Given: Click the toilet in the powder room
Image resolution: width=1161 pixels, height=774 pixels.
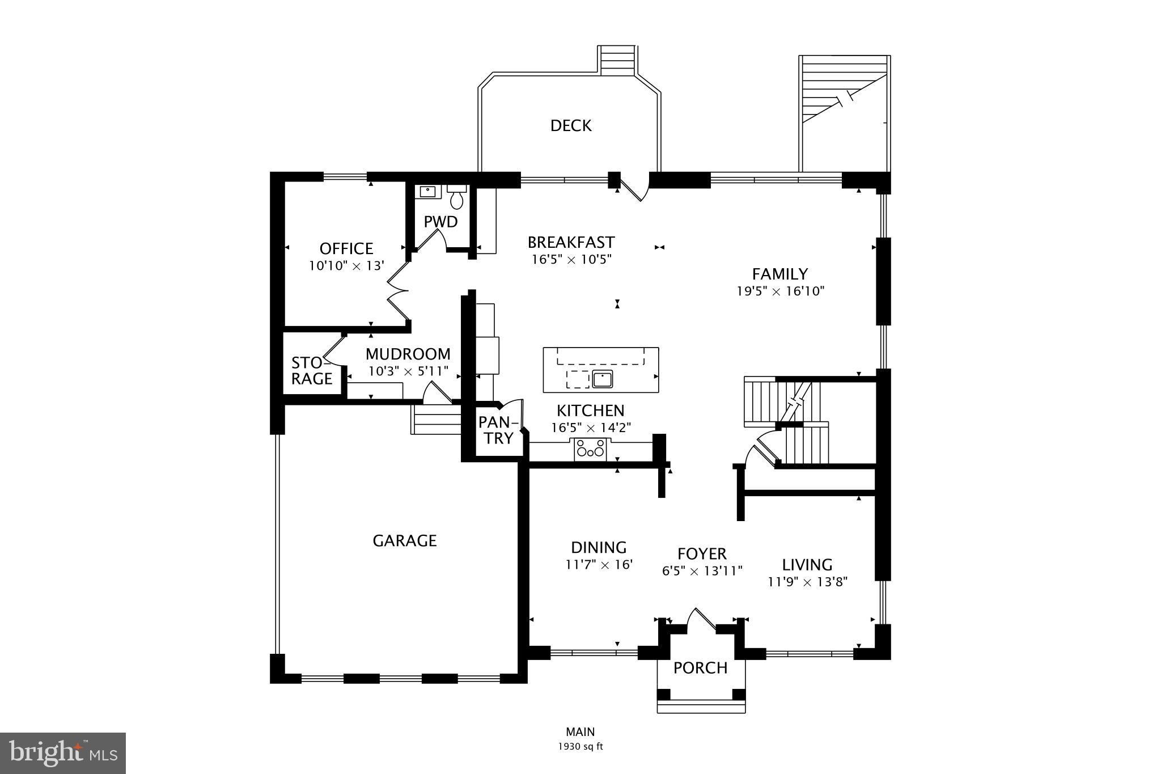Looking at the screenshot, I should [x=456, y=198].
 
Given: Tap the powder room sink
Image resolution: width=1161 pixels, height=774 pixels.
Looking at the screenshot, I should [x=427, y=191].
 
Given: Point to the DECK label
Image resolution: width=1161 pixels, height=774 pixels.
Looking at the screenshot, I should [x=571, y=126].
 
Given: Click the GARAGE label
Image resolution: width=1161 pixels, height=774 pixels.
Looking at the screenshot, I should [x=404, y=541].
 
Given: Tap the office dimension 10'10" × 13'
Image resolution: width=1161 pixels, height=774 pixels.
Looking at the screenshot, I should [x=346, y=265].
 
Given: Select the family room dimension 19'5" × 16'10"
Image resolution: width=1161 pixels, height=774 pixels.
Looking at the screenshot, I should [x=780, y=291].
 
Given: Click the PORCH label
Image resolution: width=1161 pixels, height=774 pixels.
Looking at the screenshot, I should [x=700, y=668].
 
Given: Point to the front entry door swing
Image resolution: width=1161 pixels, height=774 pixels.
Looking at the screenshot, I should [x=702, y=620].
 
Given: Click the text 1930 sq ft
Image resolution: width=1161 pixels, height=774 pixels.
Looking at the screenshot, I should [x=580, y=747].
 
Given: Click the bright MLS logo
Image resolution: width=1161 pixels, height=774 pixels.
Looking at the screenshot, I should [x=63, y=753].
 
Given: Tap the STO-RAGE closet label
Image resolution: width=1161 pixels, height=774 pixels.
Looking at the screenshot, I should [x=311, y=371].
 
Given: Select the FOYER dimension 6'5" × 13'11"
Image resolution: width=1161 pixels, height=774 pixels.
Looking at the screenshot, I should [x=702, y=570].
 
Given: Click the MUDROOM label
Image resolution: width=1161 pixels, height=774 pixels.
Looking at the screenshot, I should [x=408, y=354].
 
